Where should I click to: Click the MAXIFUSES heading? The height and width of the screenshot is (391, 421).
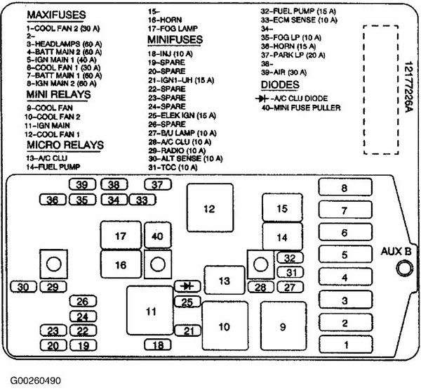[56, 15]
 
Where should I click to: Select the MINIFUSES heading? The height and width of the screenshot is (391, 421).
[175, 39]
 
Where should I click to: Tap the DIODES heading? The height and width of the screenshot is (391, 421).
[280, 85]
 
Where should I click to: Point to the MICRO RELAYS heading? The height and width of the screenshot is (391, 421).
[65, 145]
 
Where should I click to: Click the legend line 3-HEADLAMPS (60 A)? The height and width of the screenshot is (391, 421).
[64, 44]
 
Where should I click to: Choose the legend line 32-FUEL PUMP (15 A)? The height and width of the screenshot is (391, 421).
[298, 11]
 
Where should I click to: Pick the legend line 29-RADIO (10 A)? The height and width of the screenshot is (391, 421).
[177, 150]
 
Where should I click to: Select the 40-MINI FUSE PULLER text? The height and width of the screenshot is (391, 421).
[301, 108]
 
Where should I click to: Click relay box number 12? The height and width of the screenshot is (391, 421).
[210, 207]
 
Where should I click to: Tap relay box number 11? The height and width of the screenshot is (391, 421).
[150, 310]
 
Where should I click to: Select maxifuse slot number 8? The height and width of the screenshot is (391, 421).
[345, 187]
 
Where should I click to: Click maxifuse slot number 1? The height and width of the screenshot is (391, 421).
[346, 345]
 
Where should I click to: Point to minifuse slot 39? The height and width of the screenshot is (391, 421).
[82, 185]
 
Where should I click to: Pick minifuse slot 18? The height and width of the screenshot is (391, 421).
[158, 345]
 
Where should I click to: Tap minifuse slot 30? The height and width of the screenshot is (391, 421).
[23, 287]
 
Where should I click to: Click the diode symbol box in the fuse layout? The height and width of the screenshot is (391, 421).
[187, 286]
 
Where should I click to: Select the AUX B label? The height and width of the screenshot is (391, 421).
[396, 251]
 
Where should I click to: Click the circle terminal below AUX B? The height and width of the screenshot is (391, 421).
[405, 269]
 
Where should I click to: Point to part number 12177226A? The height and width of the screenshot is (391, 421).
[408, 87]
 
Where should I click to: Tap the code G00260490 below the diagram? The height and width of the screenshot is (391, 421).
[36, 380]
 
